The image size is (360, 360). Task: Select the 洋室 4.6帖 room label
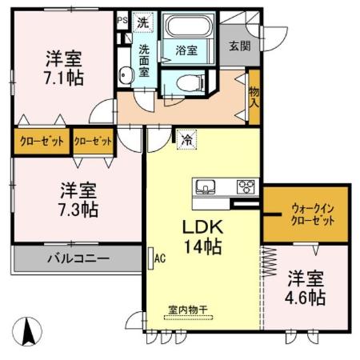306,288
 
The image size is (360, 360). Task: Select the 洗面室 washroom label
144,60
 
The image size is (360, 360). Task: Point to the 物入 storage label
254,97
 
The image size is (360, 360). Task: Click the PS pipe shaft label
122,20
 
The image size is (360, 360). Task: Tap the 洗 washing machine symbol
142,23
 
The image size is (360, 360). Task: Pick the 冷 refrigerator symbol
186,139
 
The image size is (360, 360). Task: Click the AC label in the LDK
159,258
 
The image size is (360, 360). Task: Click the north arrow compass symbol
30,330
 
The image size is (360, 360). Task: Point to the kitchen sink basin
205,187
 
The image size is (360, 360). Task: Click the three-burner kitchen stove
246,187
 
